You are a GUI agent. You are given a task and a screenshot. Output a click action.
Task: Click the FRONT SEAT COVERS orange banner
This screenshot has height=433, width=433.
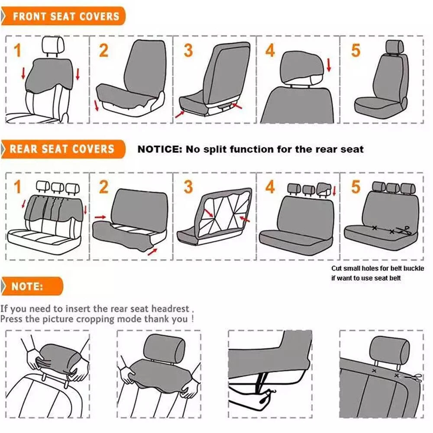pyautogui.click(x=63, y=16)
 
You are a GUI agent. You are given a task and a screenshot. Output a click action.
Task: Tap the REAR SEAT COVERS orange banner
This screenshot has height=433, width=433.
pyautogui.click(x=63, y=149)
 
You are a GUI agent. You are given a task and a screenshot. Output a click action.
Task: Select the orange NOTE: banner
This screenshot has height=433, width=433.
pyautogui.click(x=32, y=286)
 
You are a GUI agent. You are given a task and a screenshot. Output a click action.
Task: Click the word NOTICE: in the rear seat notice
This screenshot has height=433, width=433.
pyautogui.click(x=160, y=149)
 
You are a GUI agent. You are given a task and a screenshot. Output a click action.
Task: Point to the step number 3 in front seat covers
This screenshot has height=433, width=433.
pyautogui.click(x=188, y=50)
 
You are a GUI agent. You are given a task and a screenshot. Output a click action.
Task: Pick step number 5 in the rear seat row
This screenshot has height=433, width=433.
pyautogui.click(x=355, y=187)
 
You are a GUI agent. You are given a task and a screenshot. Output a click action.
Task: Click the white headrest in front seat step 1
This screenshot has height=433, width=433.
pyautogui.click(x=53, y=45)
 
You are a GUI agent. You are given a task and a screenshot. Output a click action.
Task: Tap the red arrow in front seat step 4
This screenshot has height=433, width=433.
pyautogui.click(x=329, y=65)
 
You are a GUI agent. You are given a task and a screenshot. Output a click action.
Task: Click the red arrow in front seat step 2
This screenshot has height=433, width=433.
pyautogui.click(x=96, y=106)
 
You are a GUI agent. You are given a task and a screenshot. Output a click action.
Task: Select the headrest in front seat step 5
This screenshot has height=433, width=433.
pyautogui.click(x=394, y=47)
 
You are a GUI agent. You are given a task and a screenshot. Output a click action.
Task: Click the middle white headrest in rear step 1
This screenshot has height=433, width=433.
pyautogui.click(x=58, y=187)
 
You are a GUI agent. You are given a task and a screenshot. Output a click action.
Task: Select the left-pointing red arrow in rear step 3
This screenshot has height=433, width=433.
pyautogui.click(x=245, y=219)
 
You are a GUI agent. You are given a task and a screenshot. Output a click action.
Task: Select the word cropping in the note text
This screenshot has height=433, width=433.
pyautogui.click(x=95, y=320)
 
